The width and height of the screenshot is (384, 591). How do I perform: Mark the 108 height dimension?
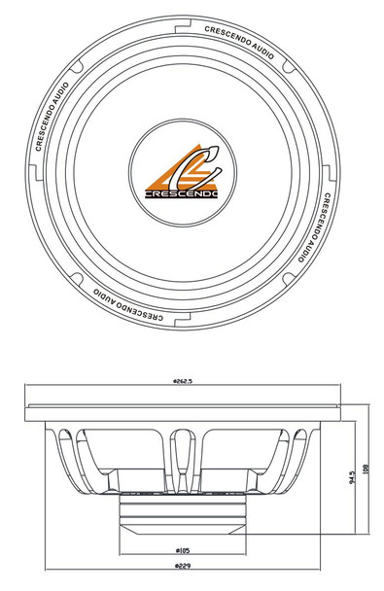tap(367, 469)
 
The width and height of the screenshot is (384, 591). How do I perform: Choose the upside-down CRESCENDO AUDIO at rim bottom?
tap(126, 306)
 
